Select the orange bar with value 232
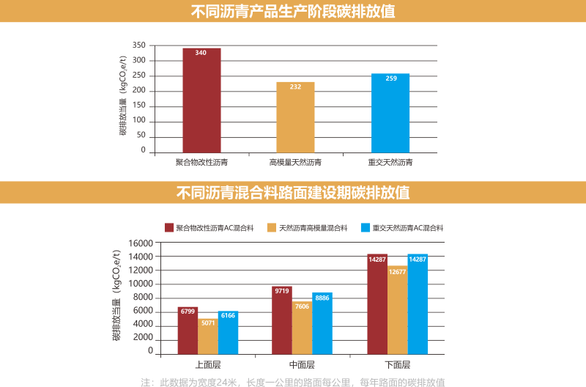click(x=295, y=117)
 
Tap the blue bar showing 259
click(x=390, y=113)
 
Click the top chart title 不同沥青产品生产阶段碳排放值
click(x=293, y=11)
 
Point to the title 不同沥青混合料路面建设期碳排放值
click(x=293, y=193)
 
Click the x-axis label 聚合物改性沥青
click(x=201, y=162)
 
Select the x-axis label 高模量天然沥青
click(x=295, y=162)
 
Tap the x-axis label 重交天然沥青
click(x=390, y=162)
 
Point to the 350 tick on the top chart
click(x=139, y=45)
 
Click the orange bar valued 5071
click(x=208, y=336)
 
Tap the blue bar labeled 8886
click(x=322, y=322)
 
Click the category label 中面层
click(x=302, y=365)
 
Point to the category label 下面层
click(x=397, y=365)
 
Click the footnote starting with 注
click(x=293, y=382)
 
